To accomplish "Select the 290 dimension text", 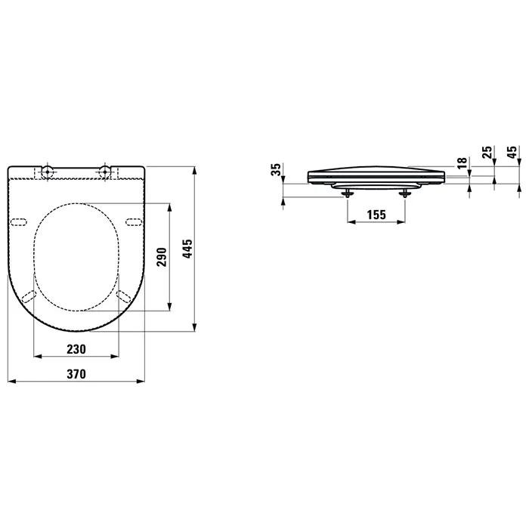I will click(x=159, y=258).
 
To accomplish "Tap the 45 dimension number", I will click(x=512, y=155).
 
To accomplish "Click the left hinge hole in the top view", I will click(x=48, y=172).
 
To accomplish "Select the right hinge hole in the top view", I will click(x=105, y=172).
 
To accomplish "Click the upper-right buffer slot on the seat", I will click(x=133, y=221).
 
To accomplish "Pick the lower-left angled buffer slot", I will click(x=29, y=296).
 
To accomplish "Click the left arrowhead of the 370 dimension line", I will click(x=10, y=382).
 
